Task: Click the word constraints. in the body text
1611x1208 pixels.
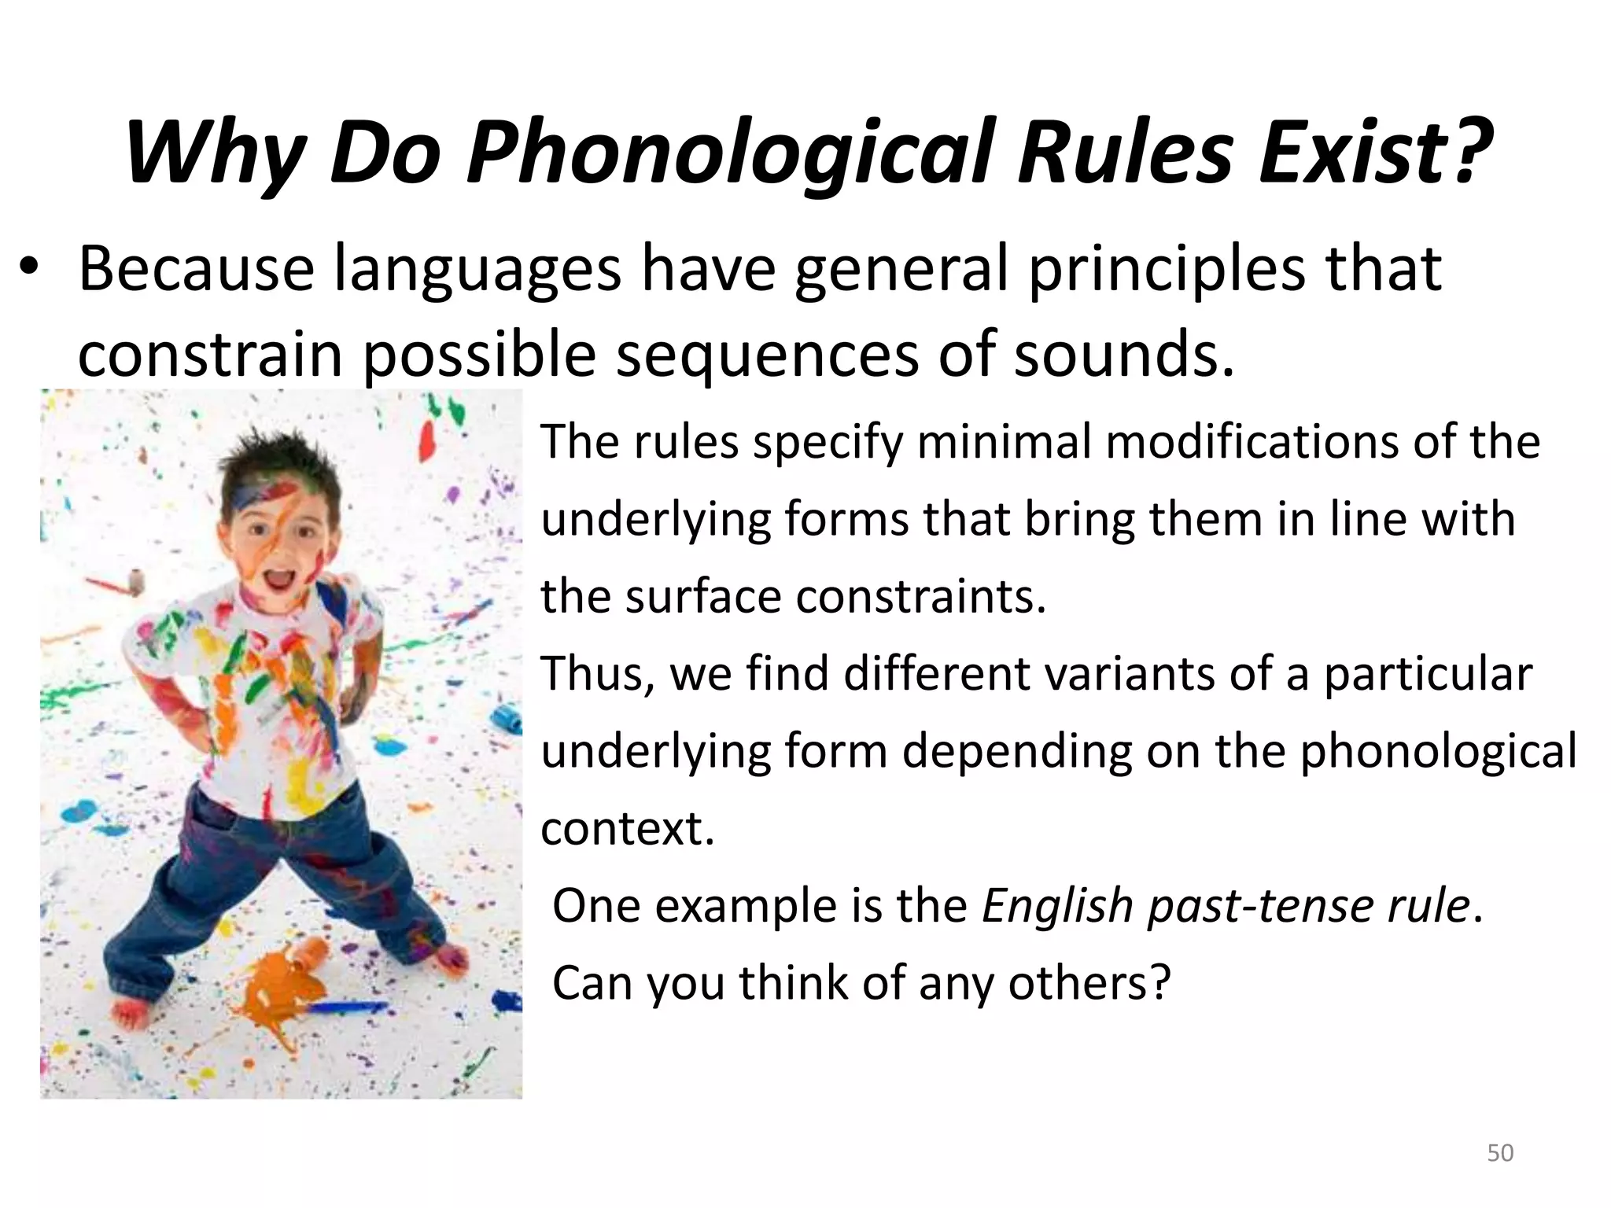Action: coord(921,597)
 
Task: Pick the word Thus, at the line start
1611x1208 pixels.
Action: coord(598,675)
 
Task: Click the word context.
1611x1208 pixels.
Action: coord(627,829)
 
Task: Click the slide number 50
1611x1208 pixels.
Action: coord(1500,1153)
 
